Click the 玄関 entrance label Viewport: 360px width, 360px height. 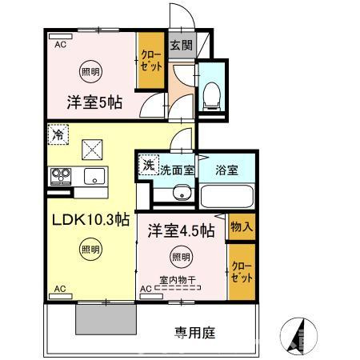[178, 45]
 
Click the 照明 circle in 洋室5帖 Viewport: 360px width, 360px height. [90, 71]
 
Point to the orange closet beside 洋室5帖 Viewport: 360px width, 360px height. [150, 60]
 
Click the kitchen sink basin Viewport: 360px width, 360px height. [94, 177]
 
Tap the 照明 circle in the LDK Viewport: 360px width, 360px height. [90, 250]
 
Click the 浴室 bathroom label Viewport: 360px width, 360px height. [227, 170]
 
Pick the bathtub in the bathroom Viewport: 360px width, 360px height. [226, 194]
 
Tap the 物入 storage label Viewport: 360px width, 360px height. [242, 226]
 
